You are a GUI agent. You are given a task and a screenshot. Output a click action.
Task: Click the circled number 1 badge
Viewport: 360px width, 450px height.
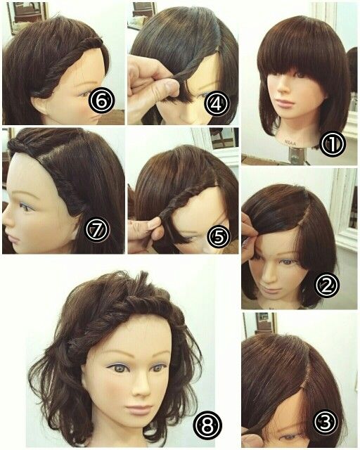pos(333,144)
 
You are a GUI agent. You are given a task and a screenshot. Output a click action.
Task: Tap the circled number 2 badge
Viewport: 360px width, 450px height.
pos(327,285)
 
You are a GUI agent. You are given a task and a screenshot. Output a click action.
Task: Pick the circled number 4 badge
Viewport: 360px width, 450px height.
pos(217,104)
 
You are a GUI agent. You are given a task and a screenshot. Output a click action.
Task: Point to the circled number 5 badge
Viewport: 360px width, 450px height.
pos(219,237)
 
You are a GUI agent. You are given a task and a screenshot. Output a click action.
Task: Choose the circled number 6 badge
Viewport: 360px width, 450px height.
pos(101,101)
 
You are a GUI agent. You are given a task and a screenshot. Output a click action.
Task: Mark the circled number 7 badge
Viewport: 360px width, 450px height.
pos(98,230)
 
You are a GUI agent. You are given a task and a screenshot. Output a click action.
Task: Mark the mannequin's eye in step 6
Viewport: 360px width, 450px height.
pos(83,94)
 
